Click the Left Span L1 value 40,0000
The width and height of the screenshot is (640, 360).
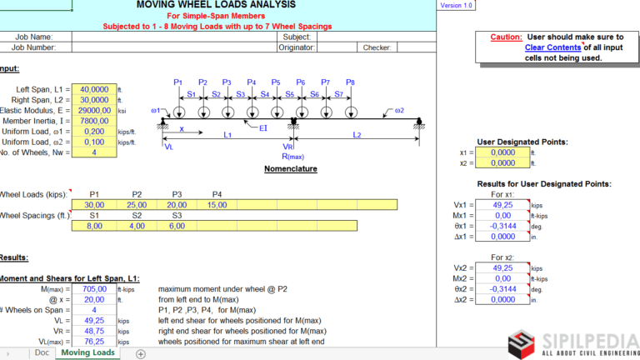coord(94,88)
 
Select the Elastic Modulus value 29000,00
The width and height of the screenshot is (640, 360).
coord(94,110)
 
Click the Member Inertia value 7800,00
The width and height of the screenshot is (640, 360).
coord(94,121)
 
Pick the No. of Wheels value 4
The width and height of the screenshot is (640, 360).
coord(94,153)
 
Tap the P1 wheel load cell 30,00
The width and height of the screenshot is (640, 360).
coord(94,204)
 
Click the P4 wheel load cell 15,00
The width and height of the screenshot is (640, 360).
coord(217,204)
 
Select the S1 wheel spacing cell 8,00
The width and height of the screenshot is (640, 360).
coord(94,226)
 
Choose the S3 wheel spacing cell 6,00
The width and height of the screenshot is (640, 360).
coord(176,226)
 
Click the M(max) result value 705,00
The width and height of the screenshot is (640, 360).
coord(94,288)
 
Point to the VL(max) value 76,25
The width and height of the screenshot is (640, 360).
coord(94,341)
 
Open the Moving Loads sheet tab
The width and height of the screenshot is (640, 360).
coord(87,353)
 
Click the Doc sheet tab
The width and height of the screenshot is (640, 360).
coord(42,353)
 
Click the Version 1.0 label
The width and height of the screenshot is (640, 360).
coord(456,5)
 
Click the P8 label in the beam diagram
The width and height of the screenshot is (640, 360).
coord(350,82)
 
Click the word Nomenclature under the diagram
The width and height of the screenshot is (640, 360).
coord(290,169)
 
